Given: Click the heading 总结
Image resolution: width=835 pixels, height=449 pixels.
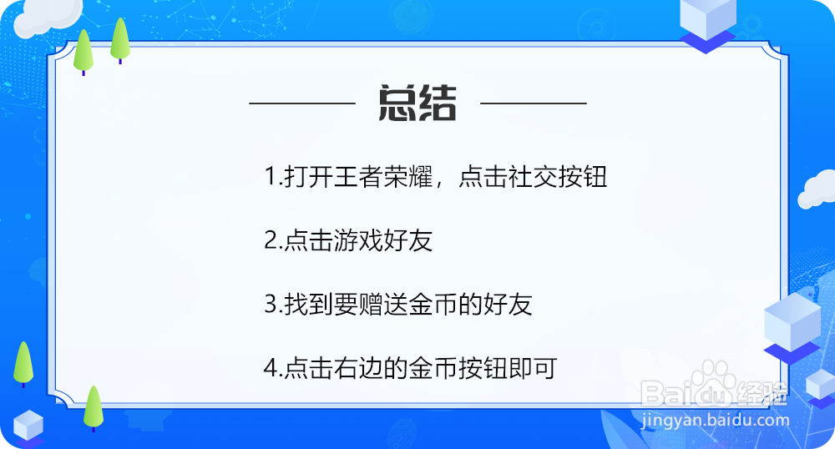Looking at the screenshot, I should [x=417, y=104].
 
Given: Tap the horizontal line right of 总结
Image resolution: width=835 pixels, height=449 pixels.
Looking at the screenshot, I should [x=534, y=104].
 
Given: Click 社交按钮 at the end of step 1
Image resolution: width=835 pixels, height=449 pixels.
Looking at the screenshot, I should [x=557, y=178].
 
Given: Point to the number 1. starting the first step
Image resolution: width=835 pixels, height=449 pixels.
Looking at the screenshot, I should [x=272, y=178].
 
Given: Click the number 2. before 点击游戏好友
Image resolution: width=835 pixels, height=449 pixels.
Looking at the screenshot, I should [x=273, y=242].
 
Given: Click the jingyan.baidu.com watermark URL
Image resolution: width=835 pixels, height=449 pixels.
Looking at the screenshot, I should [x=716, y=421].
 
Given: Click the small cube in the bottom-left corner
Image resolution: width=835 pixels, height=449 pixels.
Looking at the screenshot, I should [x=28, y=426].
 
